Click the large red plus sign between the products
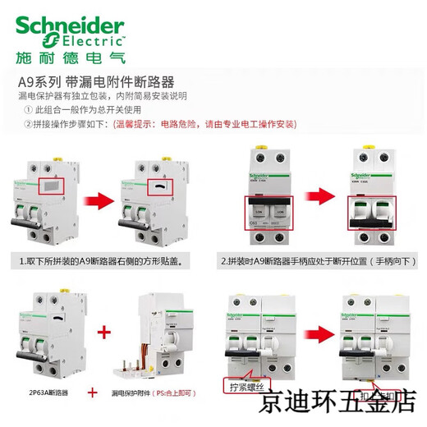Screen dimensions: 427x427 click(104, 334)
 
